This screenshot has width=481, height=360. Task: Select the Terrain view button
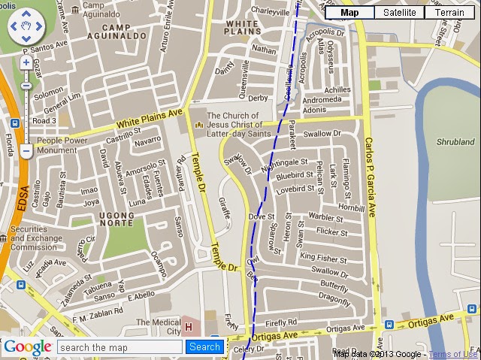pyautogui.click(x=449, y=12)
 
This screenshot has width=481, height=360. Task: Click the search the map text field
pyautogui.click(x=120, y=347)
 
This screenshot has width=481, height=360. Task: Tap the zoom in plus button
pyautogui.click(x=26, y=62)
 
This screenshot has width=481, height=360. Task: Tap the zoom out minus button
pyautogui.click(x=26, y=151)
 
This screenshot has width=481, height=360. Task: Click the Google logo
pyautogui.click(x=28, y=347)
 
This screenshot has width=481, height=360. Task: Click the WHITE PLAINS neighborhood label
pyautogui.click(x=244, y=29)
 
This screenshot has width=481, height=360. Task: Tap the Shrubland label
pyautogui.click(x=455, y=141)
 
